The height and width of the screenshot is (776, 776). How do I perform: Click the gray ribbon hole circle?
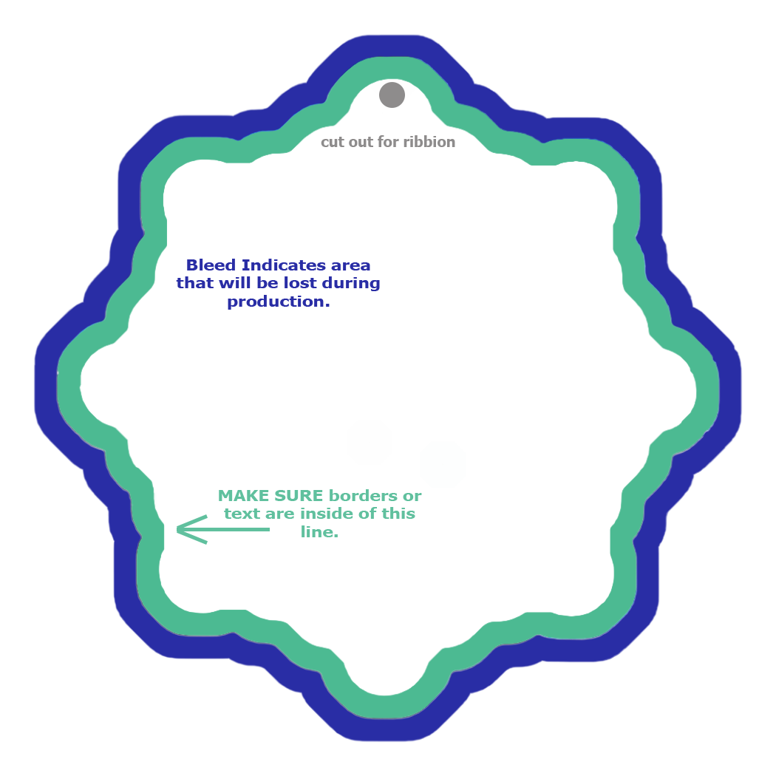(392, 95)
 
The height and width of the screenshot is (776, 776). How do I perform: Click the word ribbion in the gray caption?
(429, 142)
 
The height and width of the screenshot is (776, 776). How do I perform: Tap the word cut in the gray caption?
(332, 143)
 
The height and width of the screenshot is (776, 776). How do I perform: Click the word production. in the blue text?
(279, 302)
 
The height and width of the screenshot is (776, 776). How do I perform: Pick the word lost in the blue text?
(302, 283)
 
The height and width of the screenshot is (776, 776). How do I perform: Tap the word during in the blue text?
(351, 284)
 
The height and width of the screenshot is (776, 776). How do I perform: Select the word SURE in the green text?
(299, 496)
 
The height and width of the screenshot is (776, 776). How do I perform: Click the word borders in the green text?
(364, 496)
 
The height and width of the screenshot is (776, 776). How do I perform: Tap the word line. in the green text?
(320, 532)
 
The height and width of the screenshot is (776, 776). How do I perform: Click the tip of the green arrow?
(177, 530)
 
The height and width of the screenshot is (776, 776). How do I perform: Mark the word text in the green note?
(242, 514)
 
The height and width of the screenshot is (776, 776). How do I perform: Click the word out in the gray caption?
(361, 143)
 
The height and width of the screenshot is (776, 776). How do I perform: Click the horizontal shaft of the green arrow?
(224, 530)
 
